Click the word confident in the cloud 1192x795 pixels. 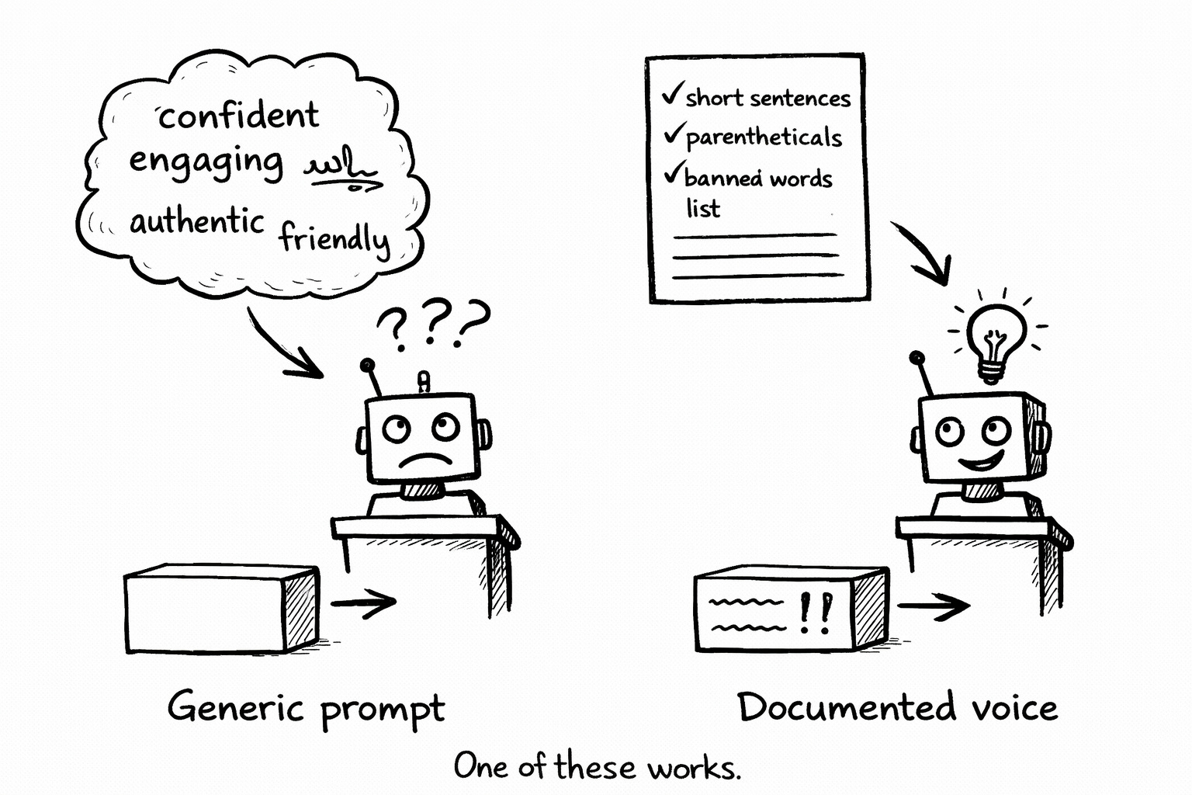(x=238, y=116)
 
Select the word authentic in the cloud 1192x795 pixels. (x=197, y=222)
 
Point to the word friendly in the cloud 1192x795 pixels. (x=334, y=238)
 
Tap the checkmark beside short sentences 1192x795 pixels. (x=672, y=95)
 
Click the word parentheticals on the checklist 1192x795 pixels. (x=764, y=137)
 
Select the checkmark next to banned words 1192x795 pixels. (x=674, y=172)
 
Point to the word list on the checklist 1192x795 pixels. (x=703, y=209)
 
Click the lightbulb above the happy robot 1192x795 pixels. (x=994, y=338)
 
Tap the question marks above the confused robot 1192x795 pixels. (x=433, y=323)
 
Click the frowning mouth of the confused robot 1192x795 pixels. (x=424, y=457)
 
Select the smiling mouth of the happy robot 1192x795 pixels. (x=982, y=463)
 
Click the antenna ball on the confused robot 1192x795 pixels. (x=367, y=365)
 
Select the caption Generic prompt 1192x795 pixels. (x=306, y=708)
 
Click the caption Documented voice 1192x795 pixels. (x=897, y=706)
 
